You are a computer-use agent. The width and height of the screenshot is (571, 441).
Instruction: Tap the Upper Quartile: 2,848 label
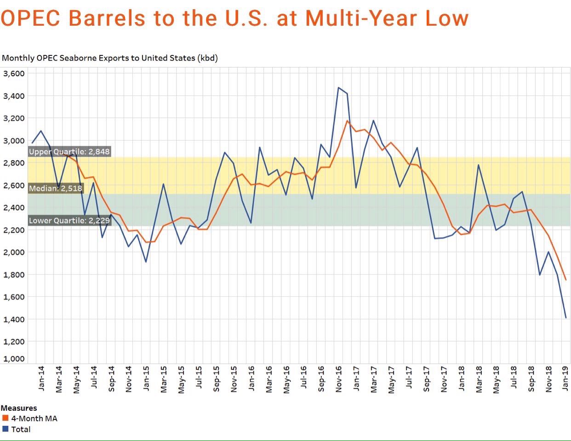click(69, 152)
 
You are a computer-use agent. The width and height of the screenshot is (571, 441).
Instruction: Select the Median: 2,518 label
click(56, 188)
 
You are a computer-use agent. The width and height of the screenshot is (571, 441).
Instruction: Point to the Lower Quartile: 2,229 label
click(69, 221)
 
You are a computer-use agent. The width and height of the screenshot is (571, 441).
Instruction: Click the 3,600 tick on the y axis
click(14, 73)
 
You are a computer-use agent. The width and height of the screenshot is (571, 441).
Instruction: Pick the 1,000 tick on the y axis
click(14, 359)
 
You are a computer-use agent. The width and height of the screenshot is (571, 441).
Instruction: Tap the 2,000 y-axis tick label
click(14, 252)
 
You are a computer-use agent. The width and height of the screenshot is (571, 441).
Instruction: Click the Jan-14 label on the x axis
click(41, 379)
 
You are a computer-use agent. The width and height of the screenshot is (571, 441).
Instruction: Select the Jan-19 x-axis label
click(566, 379)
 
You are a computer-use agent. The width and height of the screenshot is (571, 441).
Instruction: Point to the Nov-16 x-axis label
click(339, 379)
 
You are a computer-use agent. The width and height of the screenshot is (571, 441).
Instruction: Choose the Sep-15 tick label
click(216, 379)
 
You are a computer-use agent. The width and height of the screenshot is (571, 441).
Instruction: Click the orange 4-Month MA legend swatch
click(6, 418)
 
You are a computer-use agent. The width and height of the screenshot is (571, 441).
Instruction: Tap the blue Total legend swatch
click(6, 429)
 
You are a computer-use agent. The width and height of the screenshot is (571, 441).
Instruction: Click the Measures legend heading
click(19, 408)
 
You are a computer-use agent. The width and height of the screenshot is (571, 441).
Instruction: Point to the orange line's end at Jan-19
click(565, 279)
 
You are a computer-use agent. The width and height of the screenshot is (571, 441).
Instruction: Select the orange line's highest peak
click(347, 121)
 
